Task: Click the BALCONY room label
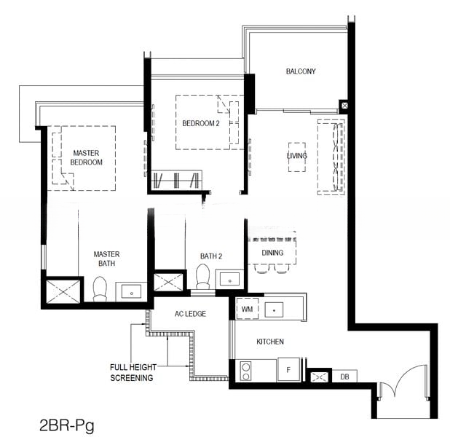click(x=301, y=71)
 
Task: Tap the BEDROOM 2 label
click(x=201, y=124)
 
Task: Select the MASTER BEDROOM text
click(x=86, y=157)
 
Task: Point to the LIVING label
click(x=297, y=156)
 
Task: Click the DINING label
click(x=272, y=253)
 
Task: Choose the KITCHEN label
click(x=270, y=342)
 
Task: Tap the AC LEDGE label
click(x=190, y=313)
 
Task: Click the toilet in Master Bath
click(x=100, y=289)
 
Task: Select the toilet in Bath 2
click(x=203, y=276)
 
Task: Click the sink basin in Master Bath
click(x=132, y=292)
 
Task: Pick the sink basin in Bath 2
click(x=229, y=279)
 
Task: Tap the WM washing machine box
click(x=247, y=309)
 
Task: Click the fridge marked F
click(x=288, y=370)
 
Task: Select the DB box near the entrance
click(x=344, y=377)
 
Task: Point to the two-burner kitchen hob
click(x=245, y=371)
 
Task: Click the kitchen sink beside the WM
click(x=274, y=310)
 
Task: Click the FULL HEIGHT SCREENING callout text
click(x=133, y=372)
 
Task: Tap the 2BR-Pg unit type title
click(x=66, y=425)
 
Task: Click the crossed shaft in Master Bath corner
click(x=63, y=292)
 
